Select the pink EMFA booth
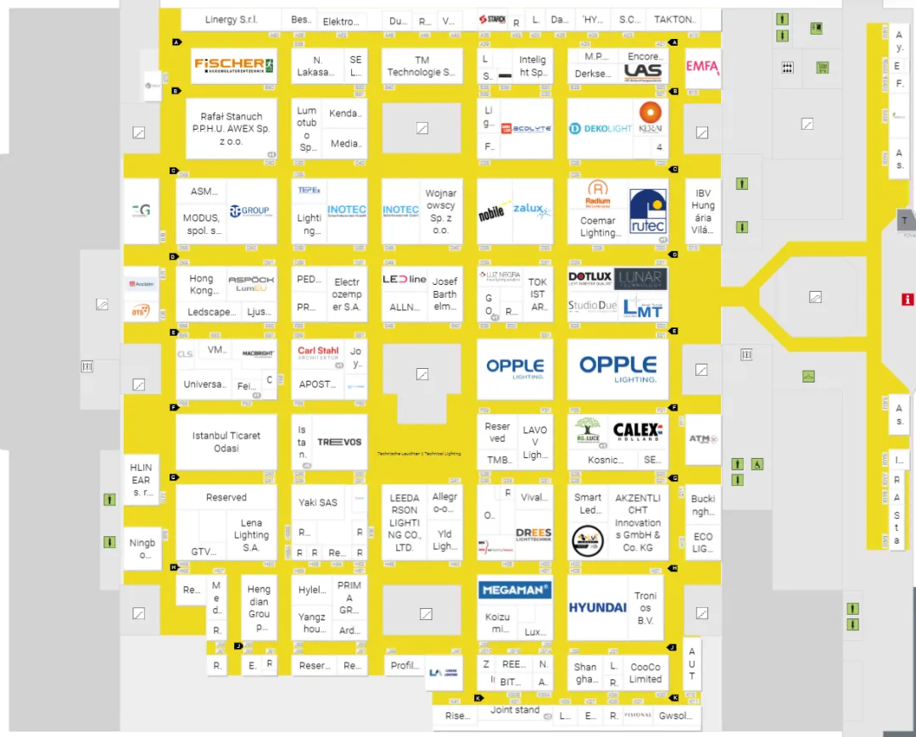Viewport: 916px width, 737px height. [702, 67]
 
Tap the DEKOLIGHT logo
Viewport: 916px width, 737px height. [600, 128]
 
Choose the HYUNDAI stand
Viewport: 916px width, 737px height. [598, 607]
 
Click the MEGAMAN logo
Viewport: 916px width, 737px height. [515, 589]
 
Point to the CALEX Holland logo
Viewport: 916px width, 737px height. [637, 431]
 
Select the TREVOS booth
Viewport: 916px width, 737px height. [339, 442]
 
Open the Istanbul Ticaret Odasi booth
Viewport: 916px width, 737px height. [226, 442]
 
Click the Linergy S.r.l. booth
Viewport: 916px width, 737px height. [231, 20]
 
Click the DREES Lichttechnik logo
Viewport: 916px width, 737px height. [533, 535]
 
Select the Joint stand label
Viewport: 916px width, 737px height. [515, 710]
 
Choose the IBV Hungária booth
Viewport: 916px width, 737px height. [703, 211]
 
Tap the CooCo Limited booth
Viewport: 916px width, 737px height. [645, 673]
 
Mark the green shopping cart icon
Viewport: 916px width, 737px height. [822, 67]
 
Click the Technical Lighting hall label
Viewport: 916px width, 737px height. [420, 454]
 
